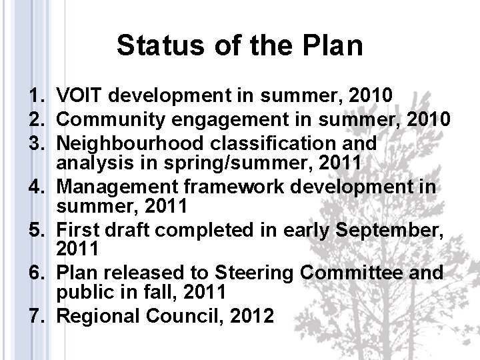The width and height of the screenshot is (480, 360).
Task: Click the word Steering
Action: point(255,273)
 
